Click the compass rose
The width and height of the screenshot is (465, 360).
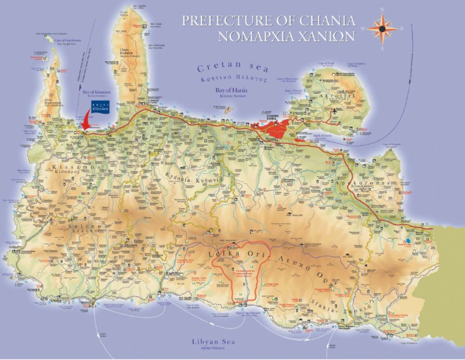382,28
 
